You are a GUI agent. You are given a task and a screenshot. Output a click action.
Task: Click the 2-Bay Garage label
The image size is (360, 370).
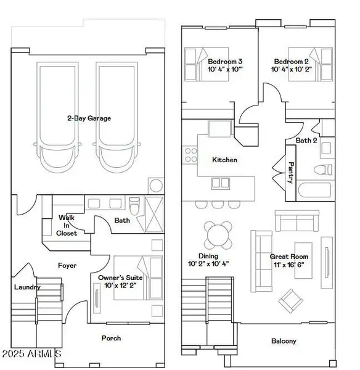tap(90, 118)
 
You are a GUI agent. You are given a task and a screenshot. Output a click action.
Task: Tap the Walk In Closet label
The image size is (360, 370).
tap(68, 225)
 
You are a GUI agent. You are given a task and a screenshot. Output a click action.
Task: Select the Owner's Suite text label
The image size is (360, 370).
tap(117, 281)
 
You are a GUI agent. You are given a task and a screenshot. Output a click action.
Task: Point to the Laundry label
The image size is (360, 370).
tap(27, 287)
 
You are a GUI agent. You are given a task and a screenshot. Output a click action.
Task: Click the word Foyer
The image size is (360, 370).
tap(67, 266)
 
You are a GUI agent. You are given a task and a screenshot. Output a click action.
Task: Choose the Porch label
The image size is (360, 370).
tap(111, 338)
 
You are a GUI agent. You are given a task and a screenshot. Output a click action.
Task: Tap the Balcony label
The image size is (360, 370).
tap(284, 340)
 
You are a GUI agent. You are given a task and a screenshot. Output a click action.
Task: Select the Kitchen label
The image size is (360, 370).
tap(224, 160)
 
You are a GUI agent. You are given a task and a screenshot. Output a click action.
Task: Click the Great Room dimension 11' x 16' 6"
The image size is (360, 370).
tap(290, 265)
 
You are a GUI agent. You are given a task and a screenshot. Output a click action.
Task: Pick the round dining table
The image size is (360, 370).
tap(219, 234)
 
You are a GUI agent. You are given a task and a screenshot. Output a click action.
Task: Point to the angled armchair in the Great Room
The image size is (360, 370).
tap(290, 300)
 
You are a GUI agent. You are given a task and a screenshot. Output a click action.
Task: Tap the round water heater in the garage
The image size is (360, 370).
tap(156, 185)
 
